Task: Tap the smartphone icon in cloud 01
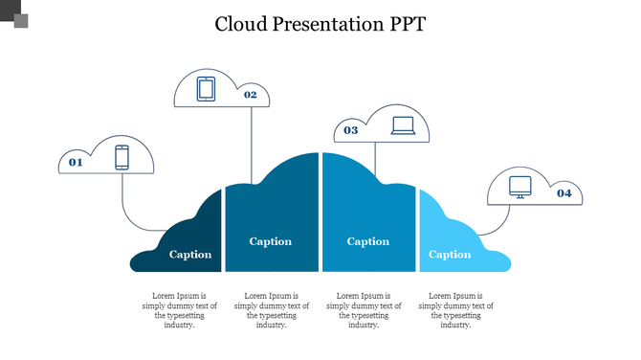122,157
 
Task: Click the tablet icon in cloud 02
206,89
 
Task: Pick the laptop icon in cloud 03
403,125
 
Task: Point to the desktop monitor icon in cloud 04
519,186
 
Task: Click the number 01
76,163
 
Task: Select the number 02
250,94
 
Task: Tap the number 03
351,129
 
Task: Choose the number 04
564,193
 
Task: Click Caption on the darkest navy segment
190,255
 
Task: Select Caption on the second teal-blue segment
271,241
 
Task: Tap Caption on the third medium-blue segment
367,241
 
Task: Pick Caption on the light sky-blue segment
450,255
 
